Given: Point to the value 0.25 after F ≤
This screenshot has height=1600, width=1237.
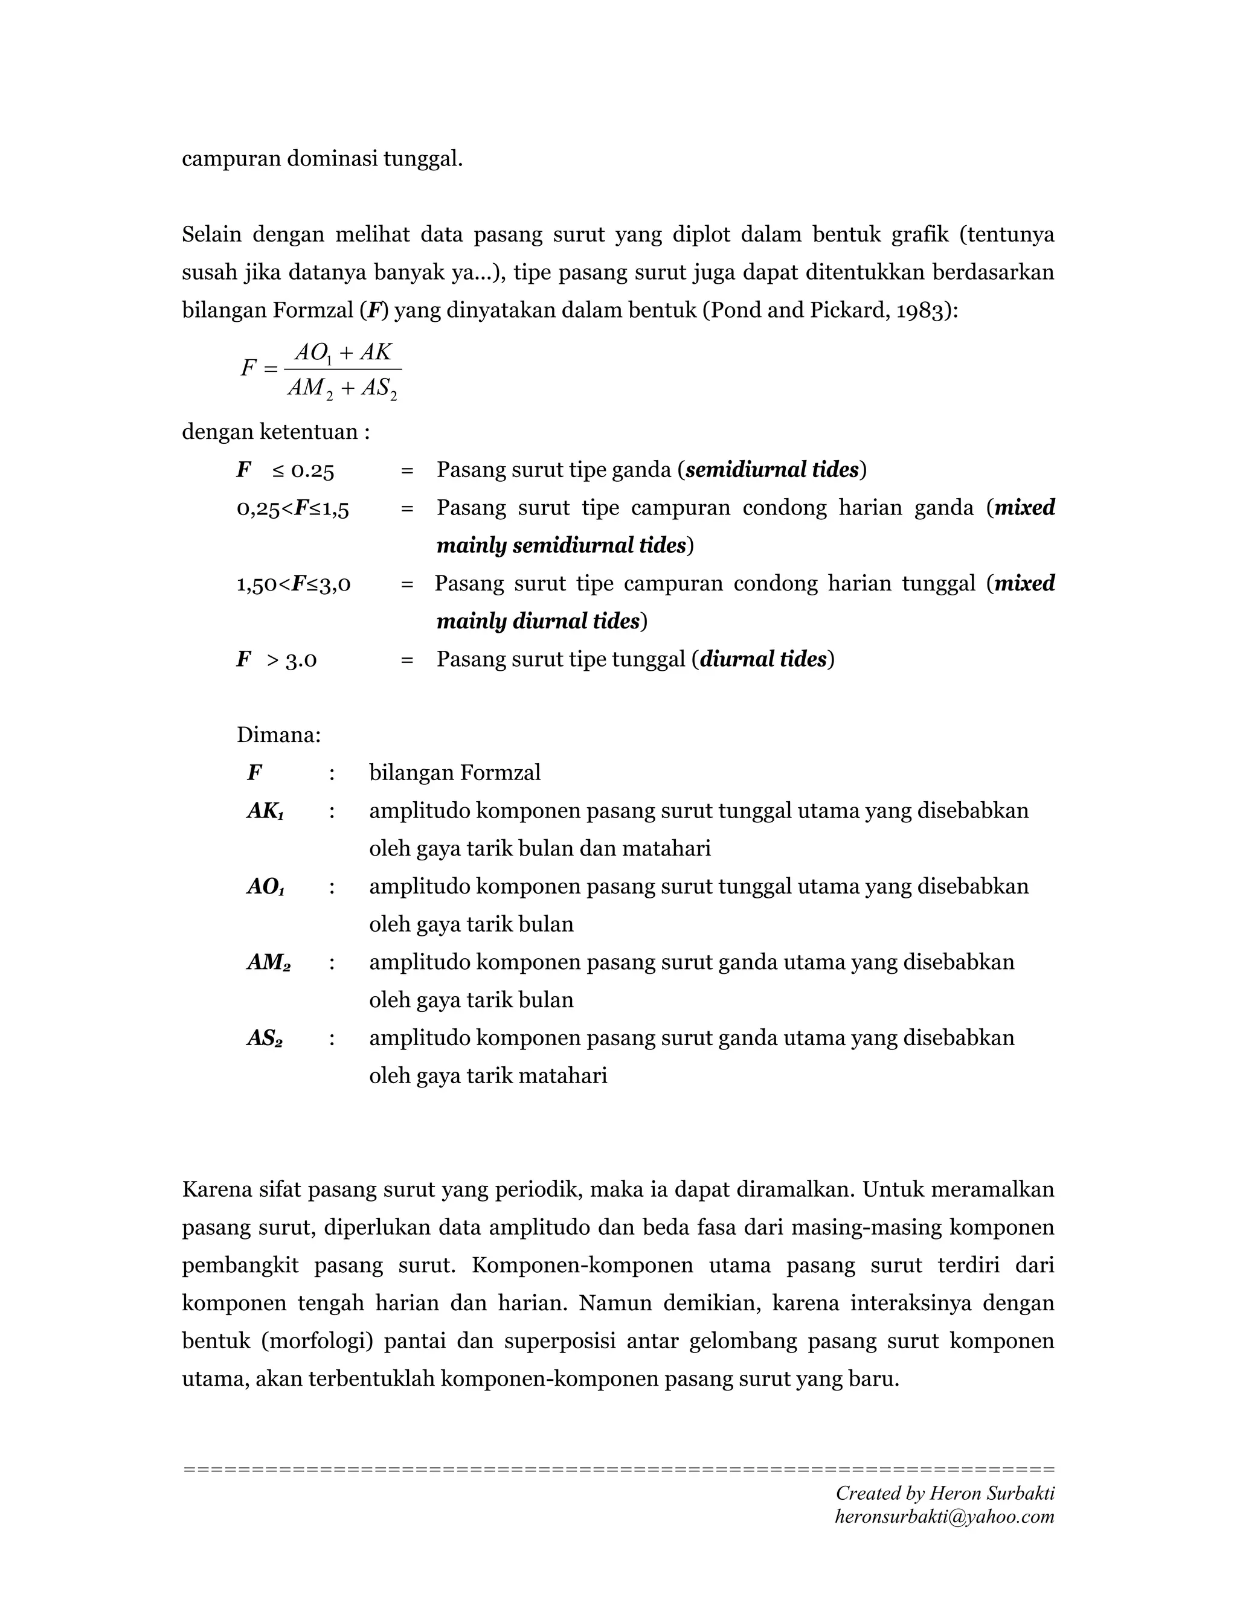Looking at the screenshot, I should [313, 471].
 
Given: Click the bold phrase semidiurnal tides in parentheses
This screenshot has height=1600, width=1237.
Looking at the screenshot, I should [772, 470].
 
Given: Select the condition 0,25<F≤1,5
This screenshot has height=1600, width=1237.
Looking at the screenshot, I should [292, 508].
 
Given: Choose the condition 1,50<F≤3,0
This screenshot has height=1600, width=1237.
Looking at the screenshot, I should [293, 584].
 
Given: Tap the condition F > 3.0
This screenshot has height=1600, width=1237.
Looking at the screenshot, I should [276, 660].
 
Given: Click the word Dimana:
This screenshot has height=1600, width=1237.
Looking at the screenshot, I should [278, 735].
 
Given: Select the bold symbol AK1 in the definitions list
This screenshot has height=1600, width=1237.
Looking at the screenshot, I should [265, 811].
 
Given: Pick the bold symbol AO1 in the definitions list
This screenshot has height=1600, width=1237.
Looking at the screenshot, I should [265, 886].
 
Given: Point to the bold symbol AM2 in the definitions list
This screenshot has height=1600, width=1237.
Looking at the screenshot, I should [268, 962].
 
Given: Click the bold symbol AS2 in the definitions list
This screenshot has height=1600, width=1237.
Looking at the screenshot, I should [265, 1038].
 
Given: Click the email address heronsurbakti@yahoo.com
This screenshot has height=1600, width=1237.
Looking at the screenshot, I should [944, 1517].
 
